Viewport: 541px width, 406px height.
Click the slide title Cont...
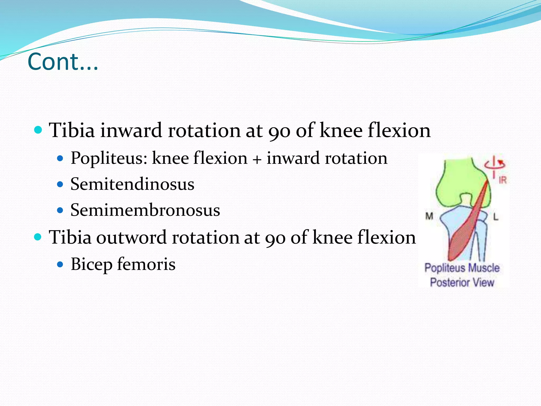pyautogui.click(x=63, y=62)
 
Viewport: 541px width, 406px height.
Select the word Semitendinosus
pyautogui.click(x=132, y=184)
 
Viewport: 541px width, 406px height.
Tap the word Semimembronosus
pyautogui.click(x=145, y=210)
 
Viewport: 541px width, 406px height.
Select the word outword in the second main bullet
pyautogui.click(x=131, y=237)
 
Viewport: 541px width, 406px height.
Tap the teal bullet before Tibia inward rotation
pyautogui.click(x=38, y=130)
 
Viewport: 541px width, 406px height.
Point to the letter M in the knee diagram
pyautogui.click(x=429, y=216)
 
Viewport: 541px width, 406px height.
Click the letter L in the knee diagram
pyautogui.click(x=496, y=217)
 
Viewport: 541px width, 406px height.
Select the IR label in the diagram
pyautogui.click(x=502, y=180)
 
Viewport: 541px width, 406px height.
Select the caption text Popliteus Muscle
pyautogui.click(x=462, y=268)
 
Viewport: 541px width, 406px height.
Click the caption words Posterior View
pyautogui.click(x=462, y=282)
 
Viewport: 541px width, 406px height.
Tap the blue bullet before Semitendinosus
pyautogui.click(x=60, y=184)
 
